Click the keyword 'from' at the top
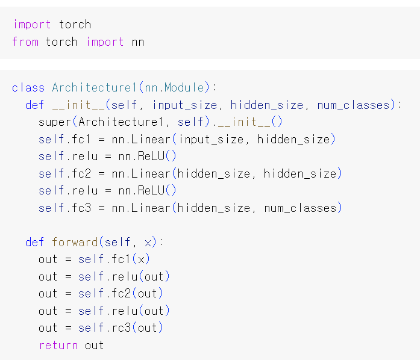(25, 42)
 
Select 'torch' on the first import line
(75, 25)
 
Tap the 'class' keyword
(28, 88)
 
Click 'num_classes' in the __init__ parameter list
(354, 105)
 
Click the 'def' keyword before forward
(35, 243)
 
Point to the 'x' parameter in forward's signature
(148, 243)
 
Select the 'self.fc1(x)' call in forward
(114, 259)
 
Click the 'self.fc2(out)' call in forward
(121, 294)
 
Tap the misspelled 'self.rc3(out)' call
(121, 328)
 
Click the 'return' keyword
(58, 346)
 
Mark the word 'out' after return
(95, 346)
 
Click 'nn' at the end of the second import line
(138, 42)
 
